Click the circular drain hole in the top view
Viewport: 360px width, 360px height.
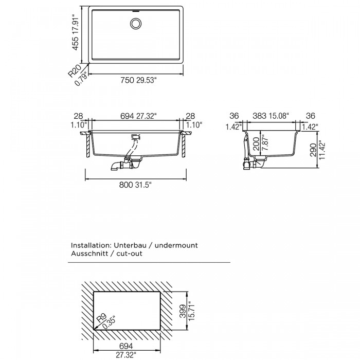point(136,24)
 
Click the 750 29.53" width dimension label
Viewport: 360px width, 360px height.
point(138,80)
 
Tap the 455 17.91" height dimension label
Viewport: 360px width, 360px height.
point(75,32)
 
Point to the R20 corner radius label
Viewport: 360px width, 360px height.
point(75,70)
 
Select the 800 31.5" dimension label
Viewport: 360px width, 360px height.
point(135,185)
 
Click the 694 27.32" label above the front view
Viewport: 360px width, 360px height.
point(138,116)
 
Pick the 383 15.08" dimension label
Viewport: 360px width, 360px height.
point(271,116)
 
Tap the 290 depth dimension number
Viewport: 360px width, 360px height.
point(313,150)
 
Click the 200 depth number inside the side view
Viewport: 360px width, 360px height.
point(257,144)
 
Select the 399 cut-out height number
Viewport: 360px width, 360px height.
point(183,311)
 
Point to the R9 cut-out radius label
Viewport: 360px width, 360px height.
point(101,319)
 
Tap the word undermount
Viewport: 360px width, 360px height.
point(176,245)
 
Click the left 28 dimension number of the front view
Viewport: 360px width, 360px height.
point(78,116)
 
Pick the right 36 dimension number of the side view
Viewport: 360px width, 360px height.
point(311,116)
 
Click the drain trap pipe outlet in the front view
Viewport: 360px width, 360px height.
point(115,167)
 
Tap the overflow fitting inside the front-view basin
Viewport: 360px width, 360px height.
point(136,137)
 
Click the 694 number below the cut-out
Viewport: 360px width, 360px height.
point(126,346)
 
